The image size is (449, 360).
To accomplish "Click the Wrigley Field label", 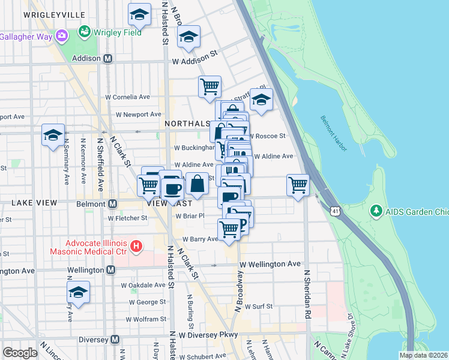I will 116,32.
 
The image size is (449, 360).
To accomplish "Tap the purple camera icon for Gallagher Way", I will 61,37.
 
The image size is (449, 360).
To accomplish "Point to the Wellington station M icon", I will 110,271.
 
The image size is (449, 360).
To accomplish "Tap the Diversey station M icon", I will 114,340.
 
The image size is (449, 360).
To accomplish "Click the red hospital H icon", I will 136,246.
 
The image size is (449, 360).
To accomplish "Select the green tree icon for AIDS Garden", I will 376,211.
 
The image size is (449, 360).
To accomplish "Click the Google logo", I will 20,352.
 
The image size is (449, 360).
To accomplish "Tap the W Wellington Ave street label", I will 270,264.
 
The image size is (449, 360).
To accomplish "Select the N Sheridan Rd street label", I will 307,294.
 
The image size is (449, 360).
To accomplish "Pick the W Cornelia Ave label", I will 128,97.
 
